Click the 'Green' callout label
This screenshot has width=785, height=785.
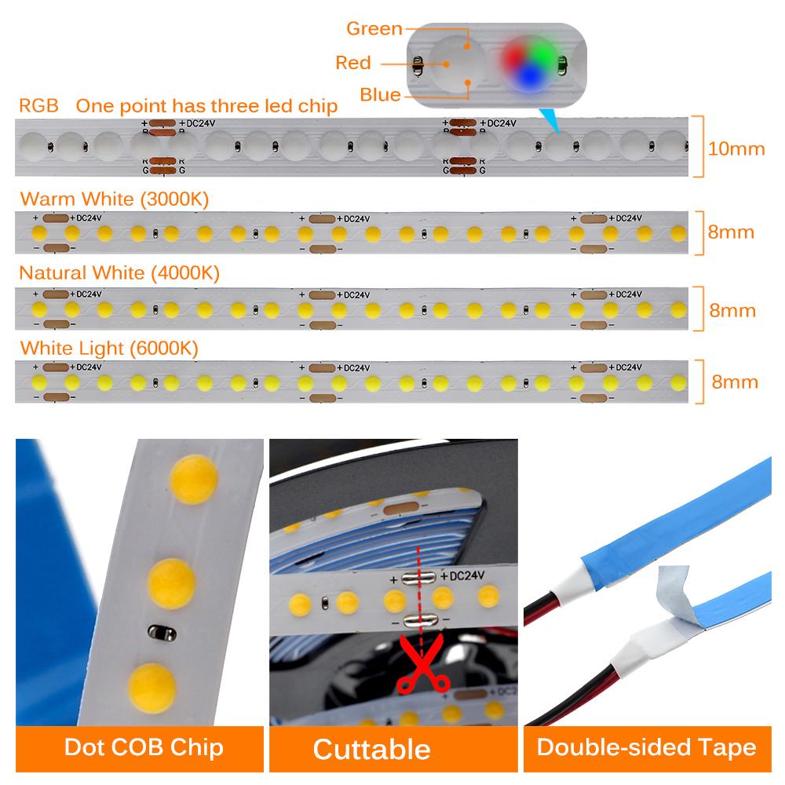point(374,29)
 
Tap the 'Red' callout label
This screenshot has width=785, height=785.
point(352,63)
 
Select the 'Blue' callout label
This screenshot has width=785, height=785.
point(380,95)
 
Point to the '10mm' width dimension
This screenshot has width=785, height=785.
point(736,148)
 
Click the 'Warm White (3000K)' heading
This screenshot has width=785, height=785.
point(115,199)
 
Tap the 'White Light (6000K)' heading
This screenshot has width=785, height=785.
point(109,347)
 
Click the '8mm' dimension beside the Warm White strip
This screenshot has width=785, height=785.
point(731,232)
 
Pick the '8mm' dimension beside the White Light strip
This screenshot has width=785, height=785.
point(734,382)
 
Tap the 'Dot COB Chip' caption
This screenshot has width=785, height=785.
point(144,747)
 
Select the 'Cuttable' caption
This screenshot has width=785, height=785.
point(371,748)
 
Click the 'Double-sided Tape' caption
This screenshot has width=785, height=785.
point(646,747)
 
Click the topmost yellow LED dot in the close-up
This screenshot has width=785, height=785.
point(193,480)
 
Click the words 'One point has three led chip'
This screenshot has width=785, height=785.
point(207,106)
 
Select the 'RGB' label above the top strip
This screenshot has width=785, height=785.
point(38,106)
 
